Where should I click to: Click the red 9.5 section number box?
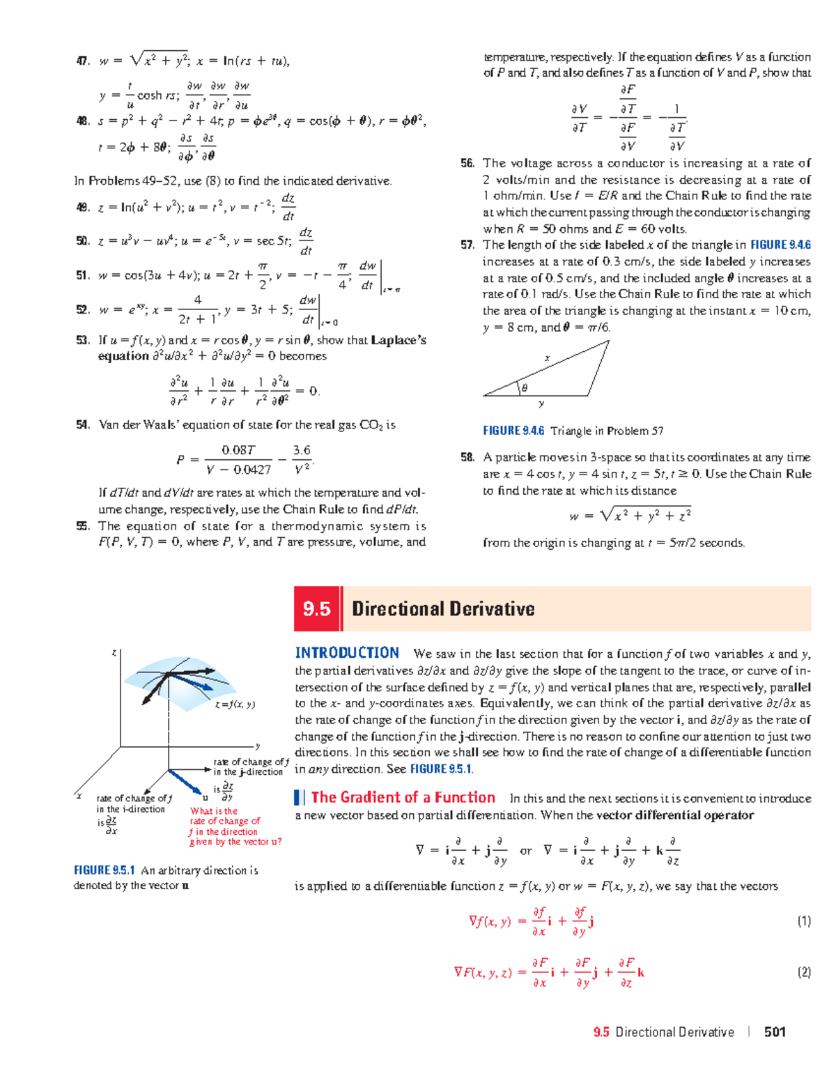point(317,609)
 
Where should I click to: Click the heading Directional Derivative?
point(443,609)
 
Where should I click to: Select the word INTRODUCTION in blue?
point(347,653)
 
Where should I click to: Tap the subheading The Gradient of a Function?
point(403,798)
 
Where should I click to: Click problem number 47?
point(83,61)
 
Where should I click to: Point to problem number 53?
point(83,340)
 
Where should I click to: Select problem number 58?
point(467,458)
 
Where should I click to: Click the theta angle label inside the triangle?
point(525,388)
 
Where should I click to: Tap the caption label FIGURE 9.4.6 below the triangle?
point(513,431)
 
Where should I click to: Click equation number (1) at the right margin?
point(804,921)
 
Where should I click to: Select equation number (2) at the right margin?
point(804,972)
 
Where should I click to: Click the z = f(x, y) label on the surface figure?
point(235,704)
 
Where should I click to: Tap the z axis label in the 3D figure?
point(114,653)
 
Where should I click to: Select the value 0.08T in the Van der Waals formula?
point(238,450)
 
